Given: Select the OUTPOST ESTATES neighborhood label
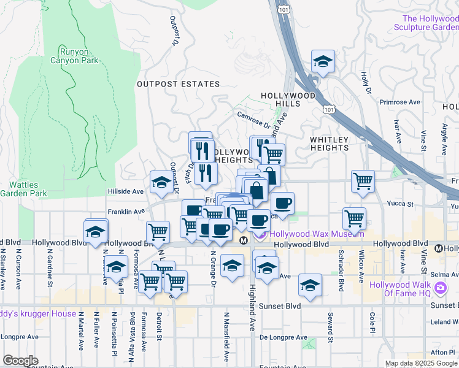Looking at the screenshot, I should pos(178,84).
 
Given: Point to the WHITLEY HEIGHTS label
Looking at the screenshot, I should pos(329,144).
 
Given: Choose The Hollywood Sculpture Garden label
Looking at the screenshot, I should pos(430,23).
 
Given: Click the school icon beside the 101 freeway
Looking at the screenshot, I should pos(323,61).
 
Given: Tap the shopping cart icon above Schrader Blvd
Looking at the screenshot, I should pos(355,218).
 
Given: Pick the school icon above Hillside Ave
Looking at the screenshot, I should pos(161,182).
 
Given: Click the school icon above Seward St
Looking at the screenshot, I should pos(310,285).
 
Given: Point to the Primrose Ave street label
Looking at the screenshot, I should pos(399,102).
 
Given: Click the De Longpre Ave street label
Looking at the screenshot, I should pos(283,337).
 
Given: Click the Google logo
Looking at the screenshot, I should pos(21,360).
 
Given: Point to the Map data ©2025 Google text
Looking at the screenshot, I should pos(421,363).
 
